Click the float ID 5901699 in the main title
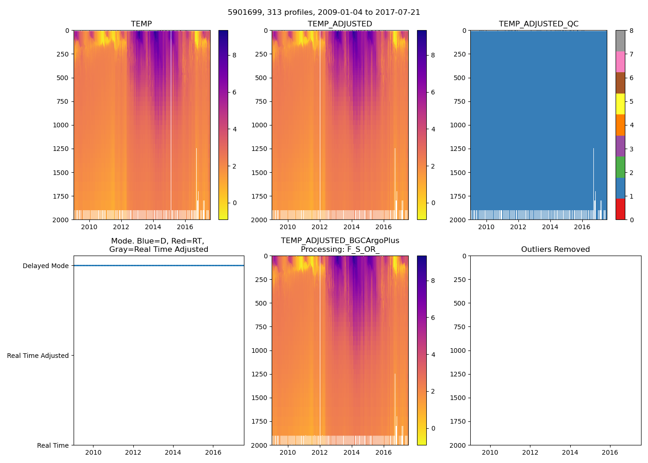pos(243,13)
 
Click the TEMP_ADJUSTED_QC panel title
pos(538,24)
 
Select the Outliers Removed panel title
pos(555,250)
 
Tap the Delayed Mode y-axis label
pos(45,266)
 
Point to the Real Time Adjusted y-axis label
pos(38,356)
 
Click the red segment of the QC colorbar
pos(620,209)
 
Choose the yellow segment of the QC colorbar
pos(620,104)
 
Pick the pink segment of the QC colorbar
pos(620,62)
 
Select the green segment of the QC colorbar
pos(620,167)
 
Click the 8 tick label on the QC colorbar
pos(631,31)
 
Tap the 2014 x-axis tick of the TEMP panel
pos(153,227)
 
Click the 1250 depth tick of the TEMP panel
pos(61,149)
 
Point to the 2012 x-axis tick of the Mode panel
pos(133,452)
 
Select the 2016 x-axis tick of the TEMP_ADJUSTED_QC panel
pos(582,227)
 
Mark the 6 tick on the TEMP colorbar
pos(234,92)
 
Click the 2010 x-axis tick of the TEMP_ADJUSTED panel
pos(288,227)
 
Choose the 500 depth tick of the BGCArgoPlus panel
pos(261,303)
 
